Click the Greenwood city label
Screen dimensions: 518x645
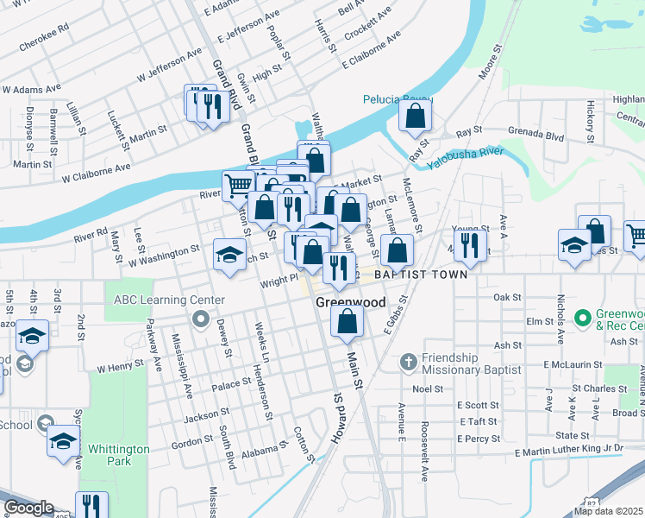click(349, 303)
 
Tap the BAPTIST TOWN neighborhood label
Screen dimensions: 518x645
click(420, 275)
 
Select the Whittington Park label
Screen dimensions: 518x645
click(118, 456)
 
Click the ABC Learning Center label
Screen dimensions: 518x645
click(169, 300)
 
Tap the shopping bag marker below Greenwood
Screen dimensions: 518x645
click(347, 321)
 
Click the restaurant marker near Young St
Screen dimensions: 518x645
click(469, 244)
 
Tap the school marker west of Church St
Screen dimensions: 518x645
click(229, 255)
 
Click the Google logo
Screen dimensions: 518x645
click(28, 508)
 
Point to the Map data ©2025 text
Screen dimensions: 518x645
click(609, 511)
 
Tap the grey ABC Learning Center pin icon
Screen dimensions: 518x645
click(201, 321)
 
